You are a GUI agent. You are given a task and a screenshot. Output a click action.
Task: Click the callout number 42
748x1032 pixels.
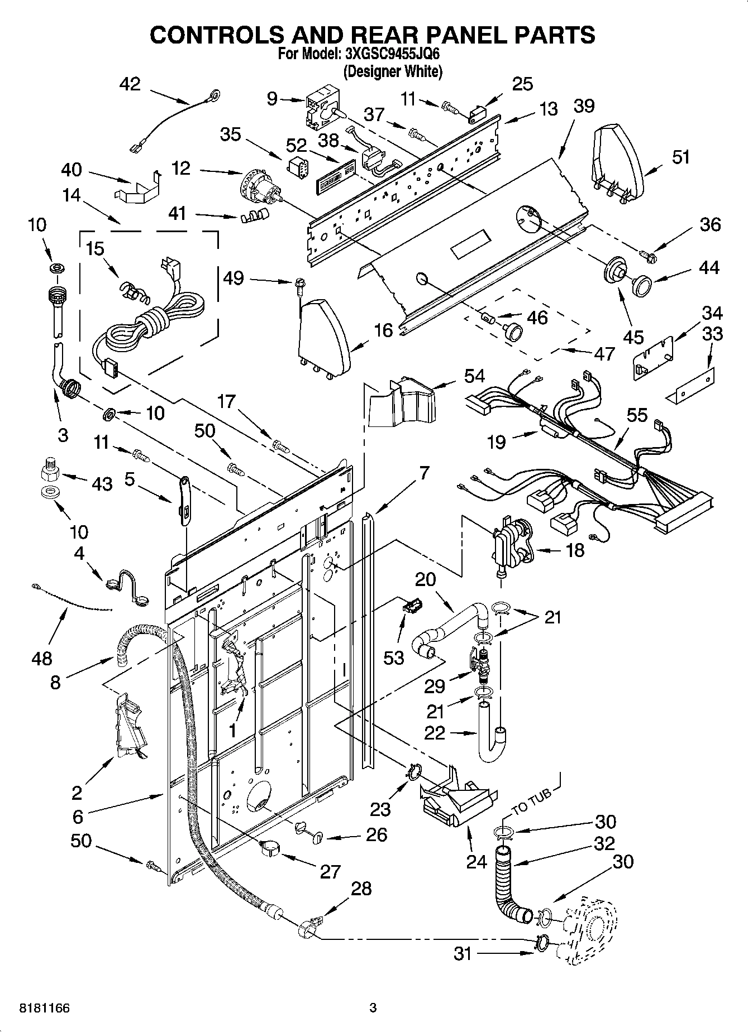tap(130, 84)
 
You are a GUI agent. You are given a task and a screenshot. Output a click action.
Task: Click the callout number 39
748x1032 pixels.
tap(583, 105)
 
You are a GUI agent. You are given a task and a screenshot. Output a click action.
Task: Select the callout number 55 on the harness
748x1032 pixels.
tap(637, 415)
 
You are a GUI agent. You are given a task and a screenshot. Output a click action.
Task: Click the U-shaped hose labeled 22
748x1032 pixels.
tap(492, 731)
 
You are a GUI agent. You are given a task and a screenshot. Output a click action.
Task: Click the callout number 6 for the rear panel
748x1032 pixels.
tap(78, 817)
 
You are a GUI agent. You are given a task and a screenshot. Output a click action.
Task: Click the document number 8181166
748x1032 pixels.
tap(44, 1007)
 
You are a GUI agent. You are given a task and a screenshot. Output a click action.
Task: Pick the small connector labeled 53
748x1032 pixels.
tap(412, 604)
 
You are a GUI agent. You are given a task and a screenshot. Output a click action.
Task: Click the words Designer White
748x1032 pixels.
tap(393, 71)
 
